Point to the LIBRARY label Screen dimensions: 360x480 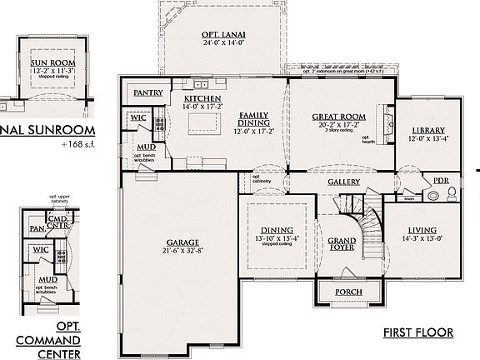click(428, 130)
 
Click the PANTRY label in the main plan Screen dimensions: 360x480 click(147, 93)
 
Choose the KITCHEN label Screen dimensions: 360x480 click(200, 98)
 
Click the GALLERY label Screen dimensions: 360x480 click(343, 182)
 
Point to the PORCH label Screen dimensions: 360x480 click(348, 292)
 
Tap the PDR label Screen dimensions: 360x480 click(441, 181)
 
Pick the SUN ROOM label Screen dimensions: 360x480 click(53, 63)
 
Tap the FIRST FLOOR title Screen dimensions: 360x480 click(418, 332)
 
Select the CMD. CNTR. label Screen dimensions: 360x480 click(56, 222)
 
